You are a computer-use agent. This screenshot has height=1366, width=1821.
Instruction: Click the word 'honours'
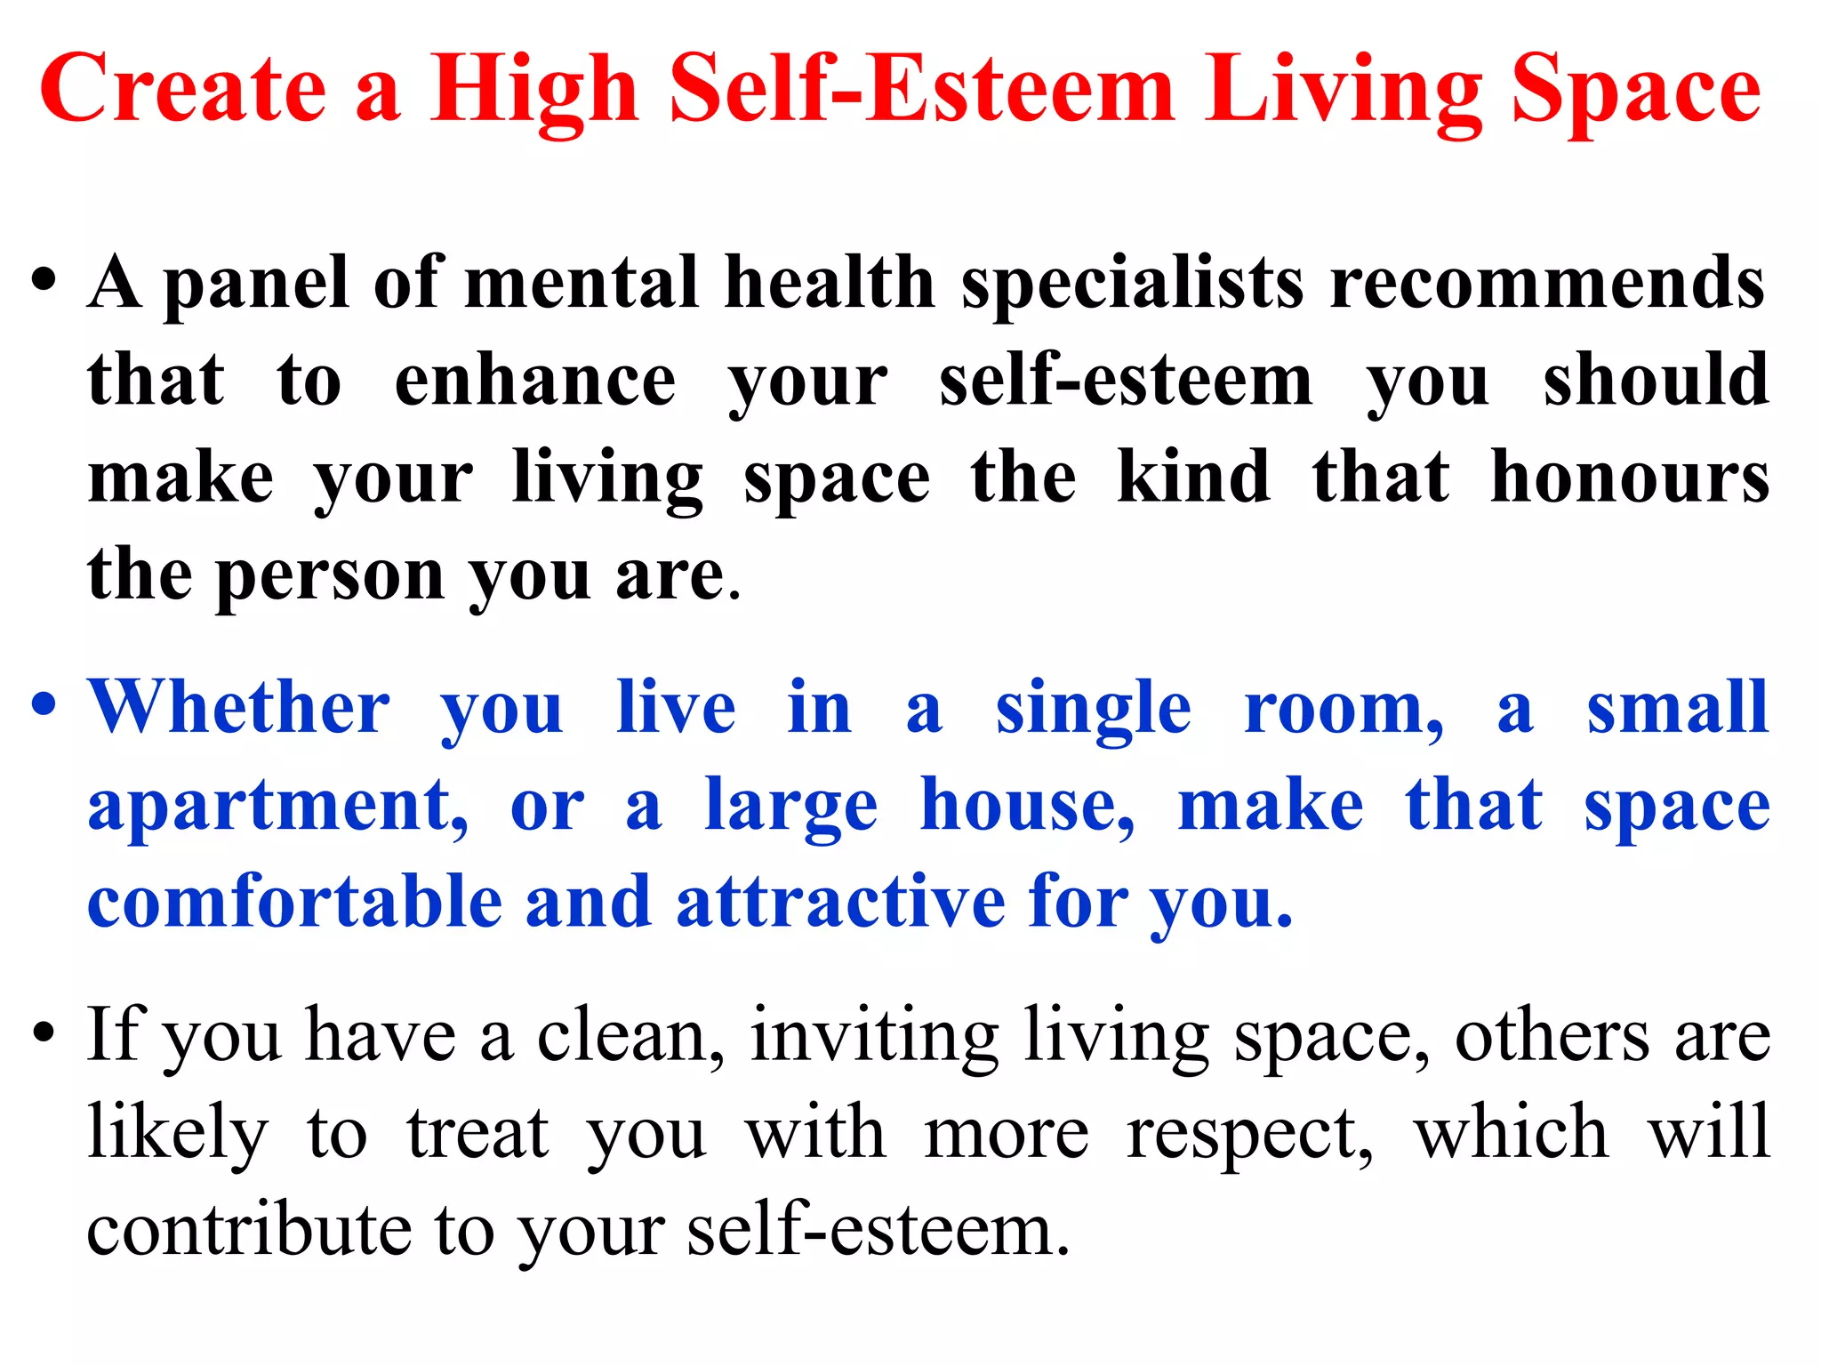pyautogui.click(x=1629, y=478)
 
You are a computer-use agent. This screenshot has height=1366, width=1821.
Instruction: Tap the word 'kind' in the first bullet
pyautogui.click(x=1193, y=478)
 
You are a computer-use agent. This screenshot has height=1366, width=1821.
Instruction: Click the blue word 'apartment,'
pyautogui.click(x=278, y=808)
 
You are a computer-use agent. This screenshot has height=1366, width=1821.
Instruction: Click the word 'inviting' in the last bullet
pyautogui.click(x=874, y=1037)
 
